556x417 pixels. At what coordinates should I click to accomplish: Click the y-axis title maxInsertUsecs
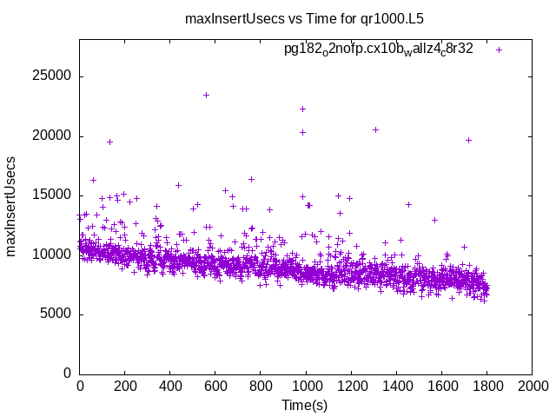tap(12, 207)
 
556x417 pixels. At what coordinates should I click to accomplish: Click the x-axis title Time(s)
tap(304, 406)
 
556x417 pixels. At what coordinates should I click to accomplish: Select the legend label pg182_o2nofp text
tap(378, 50)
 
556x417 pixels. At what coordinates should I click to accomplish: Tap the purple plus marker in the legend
tap(499, 50)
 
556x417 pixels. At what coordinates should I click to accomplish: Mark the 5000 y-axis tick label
tap(55, 314)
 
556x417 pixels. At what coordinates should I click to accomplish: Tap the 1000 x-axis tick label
tap(306, 387)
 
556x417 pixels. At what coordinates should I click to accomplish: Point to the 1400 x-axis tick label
tap(396, 387)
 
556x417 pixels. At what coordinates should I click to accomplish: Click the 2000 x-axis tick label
tap(532, 387)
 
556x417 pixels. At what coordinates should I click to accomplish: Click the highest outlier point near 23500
tap(206, 95)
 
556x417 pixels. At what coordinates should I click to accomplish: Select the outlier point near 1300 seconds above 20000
tap(375, 129)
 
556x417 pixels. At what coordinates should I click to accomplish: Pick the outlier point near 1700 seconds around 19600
tap(468, 140)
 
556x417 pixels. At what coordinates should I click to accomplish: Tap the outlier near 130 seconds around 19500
tap(109, 142)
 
